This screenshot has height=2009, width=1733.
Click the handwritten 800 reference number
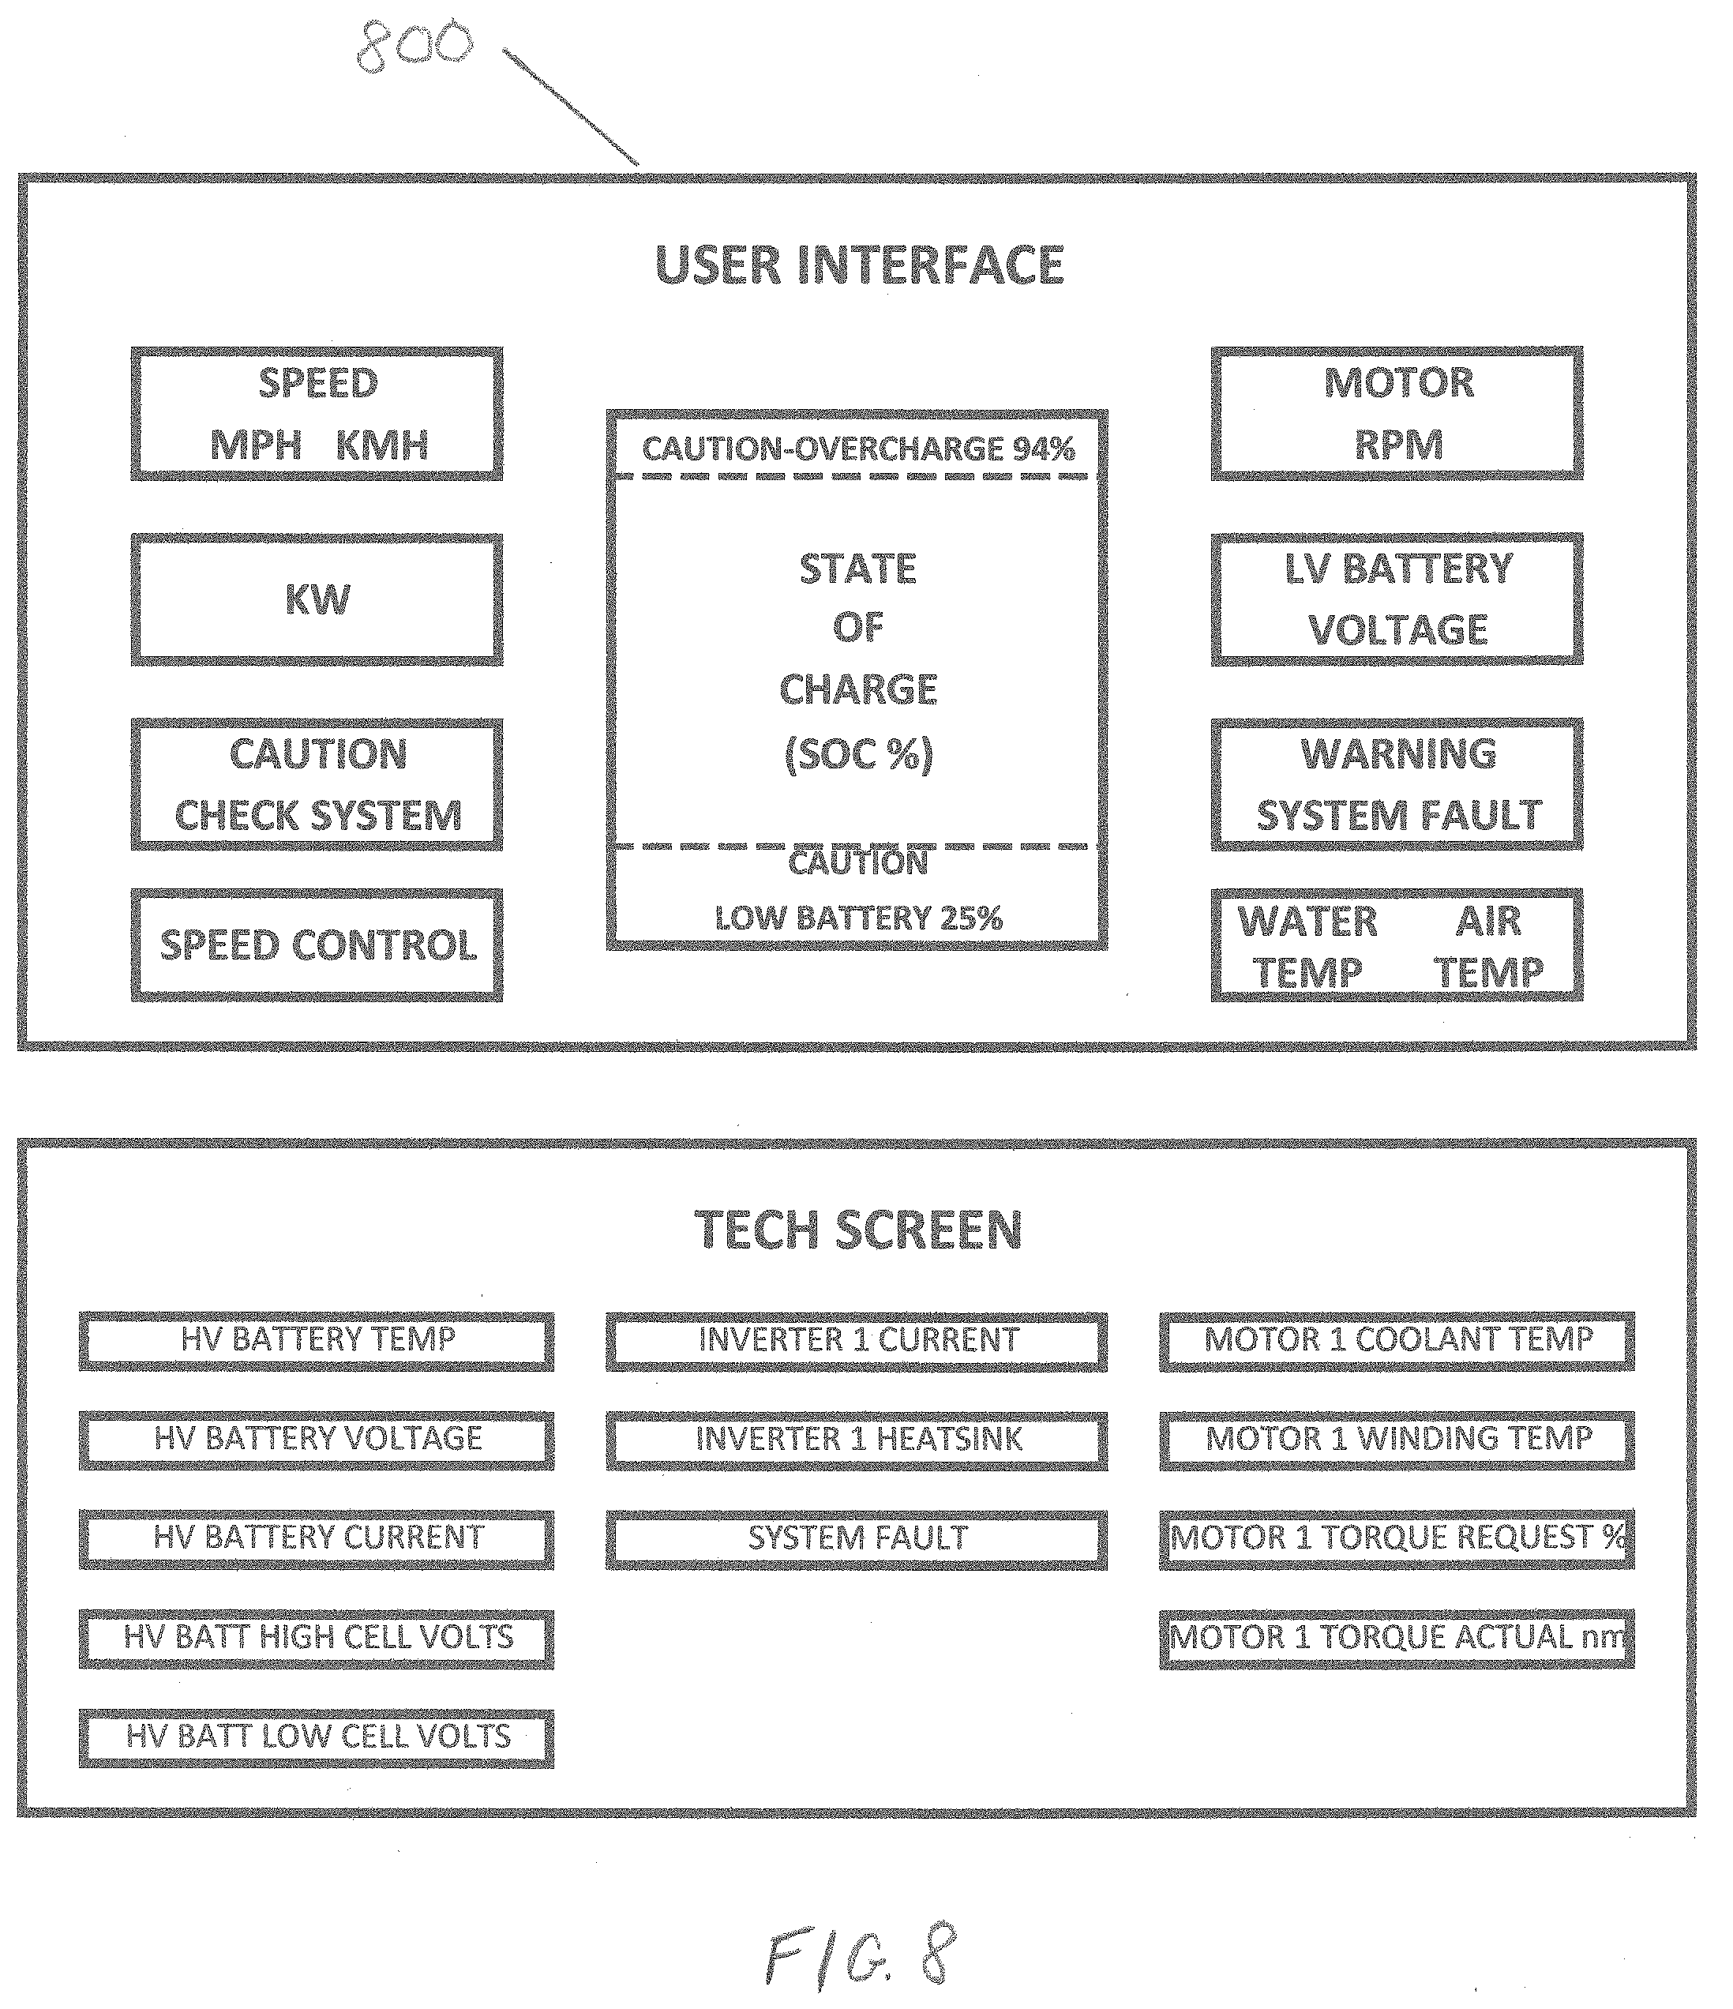[x=414, y=46]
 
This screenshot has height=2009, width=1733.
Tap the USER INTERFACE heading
[x=860, y=265]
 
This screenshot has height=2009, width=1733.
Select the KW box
[x=317, y=599]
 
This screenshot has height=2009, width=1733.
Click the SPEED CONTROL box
[x=317, y=945]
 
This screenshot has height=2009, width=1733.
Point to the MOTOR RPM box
[x=1397, y=413]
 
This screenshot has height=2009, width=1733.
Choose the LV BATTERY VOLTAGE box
[x=1397, y=599]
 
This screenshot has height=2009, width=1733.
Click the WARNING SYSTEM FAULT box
[x=1397, y=784]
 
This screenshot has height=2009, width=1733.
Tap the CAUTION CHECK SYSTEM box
[x=317, y=784]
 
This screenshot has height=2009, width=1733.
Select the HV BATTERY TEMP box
[x=317, y=1341]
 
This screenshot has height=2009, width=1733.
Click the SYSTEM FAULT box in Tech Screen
[x=857, y=1539]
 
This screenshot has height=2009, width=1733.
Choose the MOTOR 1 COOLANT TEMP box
[x=1397, y=1341]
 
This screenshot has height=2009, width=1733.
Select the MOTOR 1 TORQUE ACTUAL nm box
[x=1397, y=1639]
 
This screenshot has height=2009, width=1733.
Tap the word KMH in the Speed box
[x=382, y=445]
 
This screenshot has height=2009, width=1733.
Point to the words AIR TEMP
[x=1489, y=946]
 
